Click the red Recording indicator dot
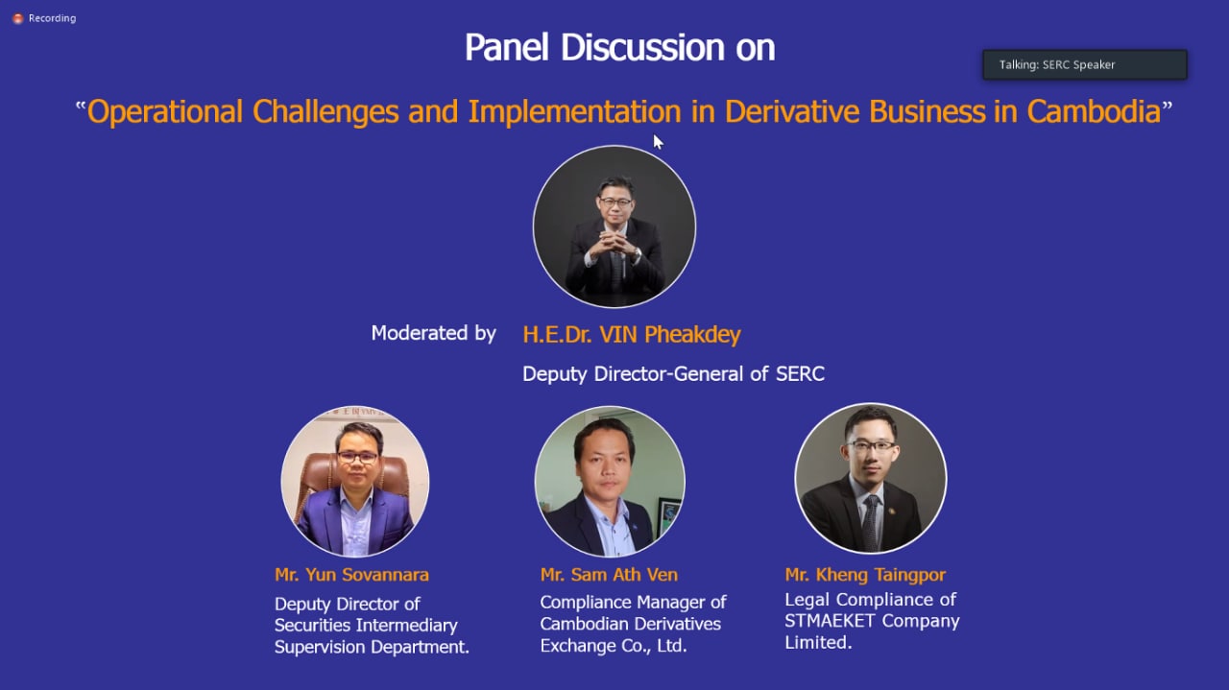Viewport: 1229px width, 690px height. [17, 18]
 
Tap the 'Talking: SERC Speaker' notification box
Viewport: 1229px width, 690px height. [1085, 64]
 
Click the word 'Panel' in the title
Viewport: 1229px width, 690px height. [506, 48]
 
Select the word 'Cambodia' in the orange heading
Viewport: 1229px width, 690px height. [1094, 112]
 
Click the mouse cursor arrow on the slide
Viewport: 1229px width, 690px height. [658, 141]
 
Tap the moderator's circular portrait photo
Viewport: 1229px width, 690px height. [614, 226]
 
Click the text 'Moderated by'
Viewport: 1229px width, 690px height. [433, 333]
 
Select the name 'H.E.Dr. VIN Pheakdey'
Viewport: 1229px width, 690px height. [632, 334]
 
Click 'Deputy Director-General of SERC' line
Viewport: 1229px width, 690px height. [673, 374]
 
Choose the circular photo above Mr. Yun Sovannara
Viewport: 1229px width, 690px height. [355, 482]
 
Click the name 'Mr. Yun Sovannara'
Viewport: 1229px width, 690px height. [351, 574]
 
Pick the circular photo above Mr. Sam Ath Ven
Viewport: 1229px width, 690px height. [610, 481]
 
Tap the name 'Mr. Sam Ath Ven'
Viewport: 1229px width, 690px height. [609, 574]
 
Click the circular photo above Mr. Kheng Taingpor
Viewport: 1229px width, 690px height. [871, 478]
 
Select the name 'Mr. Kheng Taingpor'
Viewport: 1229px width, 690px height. [865, 575]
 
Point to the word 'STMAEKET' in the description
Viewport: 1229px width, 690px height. [830, 621]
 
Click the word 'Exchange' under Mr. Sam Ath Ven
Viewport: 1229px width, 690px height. [578, 646]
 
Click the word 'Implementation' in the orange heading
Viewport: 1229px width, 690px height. [574, 112]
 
